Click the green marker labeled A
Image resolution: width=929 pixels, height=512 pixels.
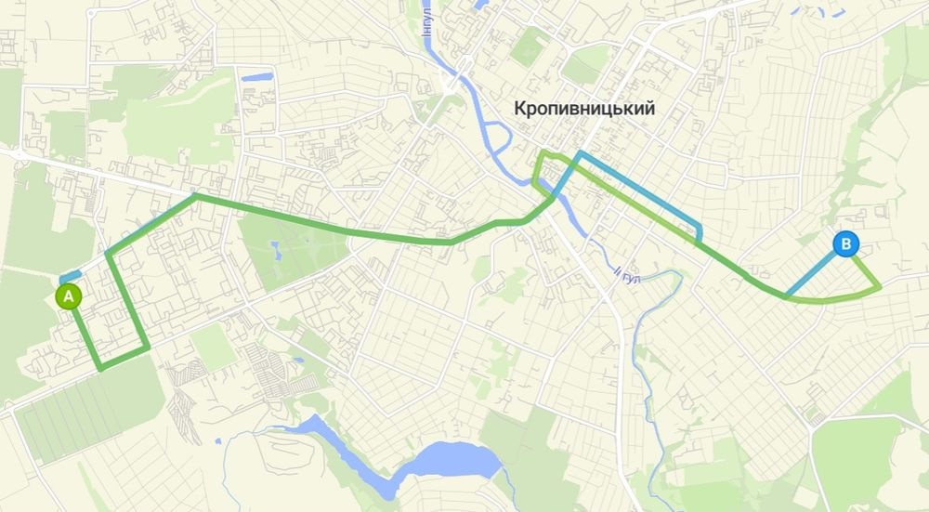(68, 296)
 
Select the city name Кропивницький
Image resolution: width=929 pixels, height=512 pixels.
(584, 109)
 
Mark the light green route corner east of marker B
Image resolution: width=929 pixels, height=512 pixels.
(878, 289)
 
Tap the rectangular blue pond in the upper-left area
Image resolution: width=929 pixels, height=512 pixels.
(255, 76)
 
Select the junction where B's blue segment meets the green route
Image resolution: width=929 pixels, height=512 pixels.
(787, 296)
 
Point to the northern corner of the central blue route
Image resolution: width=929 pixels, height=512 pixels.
(579, 153)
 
